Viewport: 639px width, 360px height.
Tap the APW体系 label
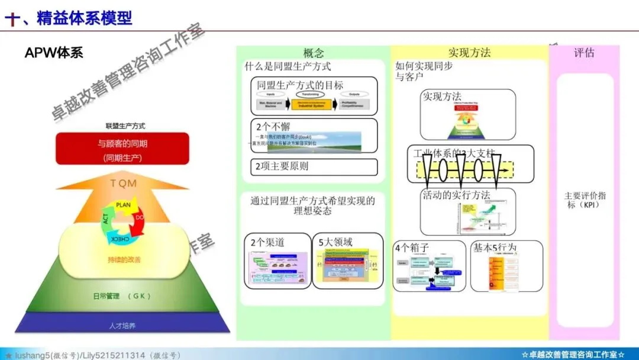[54, 53]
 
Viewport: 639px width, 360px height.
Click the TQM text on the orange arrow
[123, 184]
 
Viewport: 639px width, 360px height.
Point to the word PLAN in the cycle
[123, 205]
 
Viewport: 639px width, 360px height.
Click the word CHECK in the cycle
[120, 239]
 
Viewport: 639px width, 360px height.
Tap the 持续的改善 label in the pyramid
[124, 259]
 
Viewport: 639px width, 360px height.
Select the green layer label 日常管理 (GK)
[122, 295]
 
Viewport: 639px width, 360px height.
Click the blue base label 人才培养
[122, 325]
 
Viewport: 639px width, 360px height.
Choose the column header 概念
[314, 53]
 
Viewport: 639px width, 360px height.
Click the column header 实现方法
[469, 53]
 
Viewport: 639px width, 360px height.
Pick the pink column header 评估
[584, 53]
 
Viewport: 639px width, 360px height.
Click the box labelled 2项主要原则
[314, 166]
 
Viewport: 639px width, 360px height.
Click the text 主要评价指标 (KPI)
[585, 200]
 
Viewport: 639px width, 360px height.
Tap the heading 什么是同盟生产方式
[288, 67]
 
